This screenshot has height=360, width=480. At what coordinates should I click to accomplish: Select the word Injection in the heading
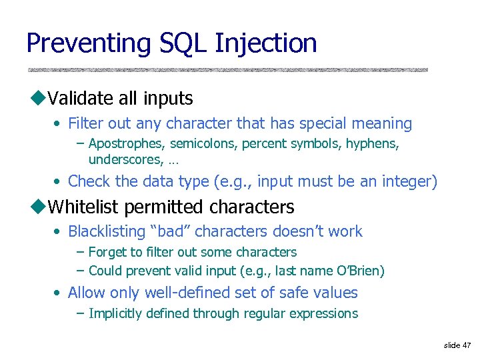coord(266,44)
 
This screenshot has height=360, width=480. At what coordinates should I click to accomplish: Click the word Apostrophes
coord(127,144)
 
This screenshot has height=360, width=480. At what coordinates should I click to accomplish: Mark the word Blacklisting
coord(106,232)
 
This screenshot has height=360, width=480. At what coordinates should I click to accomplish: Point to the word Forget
coord(107,253)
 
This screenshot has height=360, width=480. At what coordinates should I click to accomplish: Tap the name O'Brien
coord(360,271)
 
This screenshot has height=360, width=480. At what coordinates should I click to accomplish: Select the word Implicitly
coord(115,314)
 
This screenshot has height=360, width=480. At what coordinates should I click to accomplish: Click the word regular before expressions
coord(267,314)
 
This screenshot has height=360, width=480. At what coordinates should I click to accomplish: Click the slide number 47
coord(466,345)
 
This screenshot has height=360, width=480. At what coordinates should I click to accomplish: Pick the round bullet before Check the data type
coord(59,182)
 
